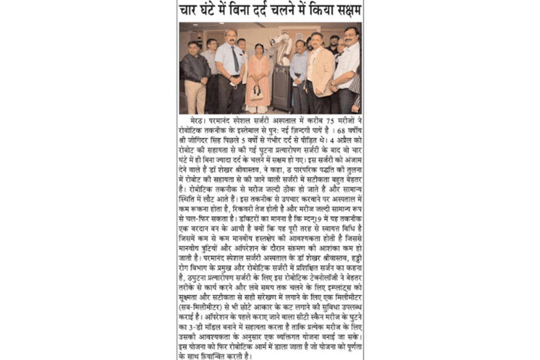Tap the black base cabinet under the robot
(283, 88)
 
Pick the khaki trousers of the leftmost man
(195, 96)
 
